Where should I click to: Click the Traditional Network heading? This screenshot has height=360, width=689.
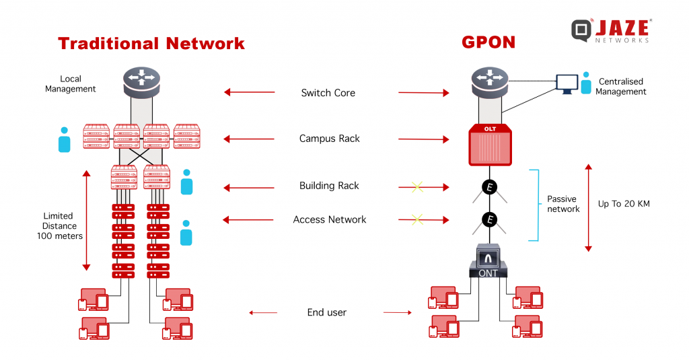151,44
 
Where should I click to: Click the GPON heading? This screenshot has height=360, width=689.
488,42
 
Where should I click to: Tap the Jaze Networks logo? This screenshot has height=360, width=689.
611,30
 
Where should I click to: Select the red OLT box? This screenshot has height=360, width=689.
490,145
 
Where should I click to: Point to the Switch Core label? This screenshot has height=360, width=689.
328,93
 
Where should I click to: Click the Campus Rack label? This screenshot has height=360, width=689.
330,139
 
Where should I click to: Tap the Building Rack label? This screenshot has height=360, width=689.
329,186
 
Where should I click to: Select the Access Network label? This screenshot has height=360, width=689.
330,219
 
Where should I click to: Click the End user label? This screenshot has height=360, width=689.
326,312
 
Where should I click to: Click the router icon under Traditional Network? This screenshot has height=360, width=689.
141,82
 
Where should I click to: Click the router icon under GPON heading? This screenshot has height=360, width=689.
490,82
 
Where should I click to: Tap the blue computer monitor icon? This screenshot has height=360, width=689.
567,84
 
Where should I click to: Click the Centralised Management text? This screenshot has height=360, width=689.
621,87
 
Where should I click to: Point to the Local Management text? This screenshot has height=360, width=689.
70,83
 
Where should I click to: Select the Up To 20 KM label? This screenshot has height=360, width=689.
624,203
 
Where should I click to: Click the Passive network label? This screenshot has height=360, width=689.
563,204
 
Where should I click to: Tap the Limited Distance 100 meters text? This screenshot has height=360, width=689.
59,226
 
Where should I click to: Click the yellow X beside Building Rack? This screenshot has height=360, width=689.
417,187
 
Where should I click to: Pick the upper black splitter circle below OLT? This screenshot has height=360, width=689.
490,187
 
